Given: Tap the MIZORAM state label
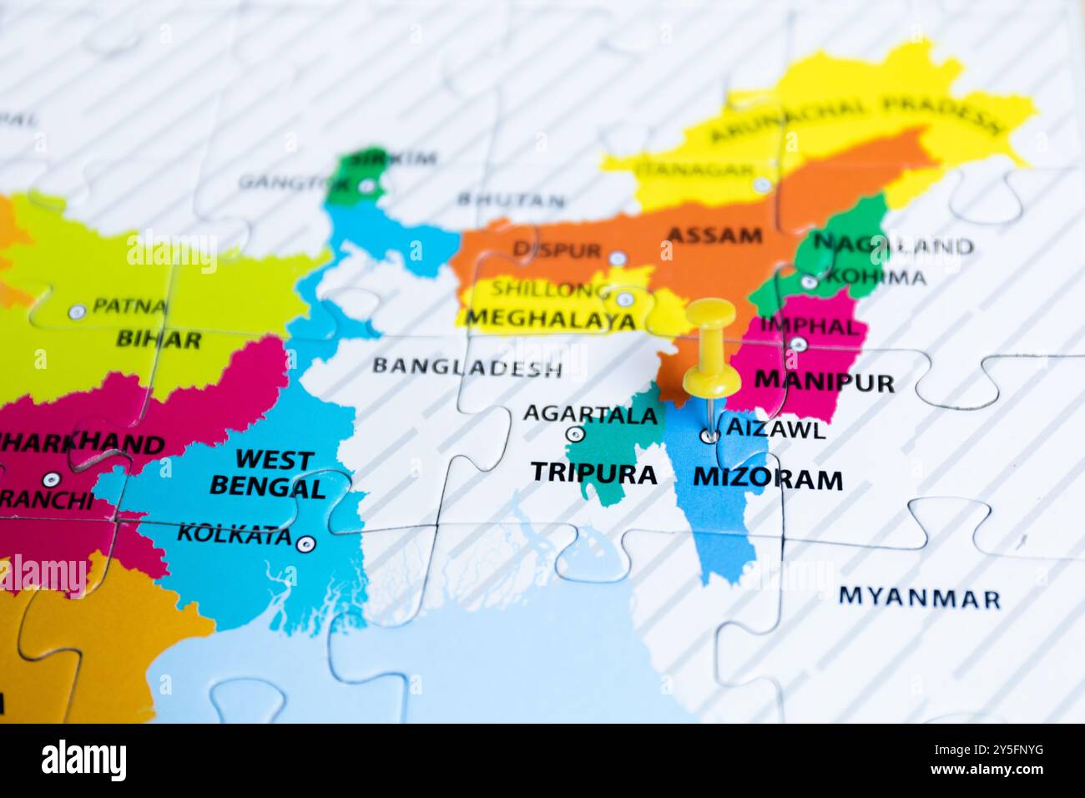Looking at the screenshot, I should [768, 480].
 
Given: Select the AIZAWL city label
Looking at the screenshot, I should [776, 430].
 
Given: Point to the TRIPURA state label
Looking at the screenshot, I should [594, 473].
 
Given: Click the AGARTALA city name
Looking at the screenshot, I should [590, 414].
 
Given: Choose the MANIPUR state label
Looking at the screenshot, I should [824, 382].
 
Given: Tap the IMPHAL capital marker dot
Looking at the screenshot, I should [798, 344].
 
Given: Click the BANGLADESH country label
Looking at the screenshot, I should [467, 366].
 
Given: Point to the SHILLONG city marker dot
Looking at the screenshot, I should [623, 299].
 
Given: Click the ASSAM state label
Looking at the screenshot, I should [714, 235].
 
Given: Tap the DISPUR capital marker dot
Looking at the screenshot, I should [617, 258].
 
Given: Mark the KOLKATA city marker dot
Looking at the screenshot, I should [306, 544].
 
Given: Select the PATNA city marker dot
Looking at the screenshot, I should [77, 312].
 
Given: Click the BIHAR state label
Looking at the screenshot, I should [159, 340].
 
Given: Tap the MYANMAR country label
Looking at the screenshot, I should [919, 598].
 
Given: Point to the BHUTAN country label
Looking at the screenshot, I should [511, 200].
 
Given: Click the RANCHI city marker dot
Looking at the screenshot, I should [52, 479].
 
